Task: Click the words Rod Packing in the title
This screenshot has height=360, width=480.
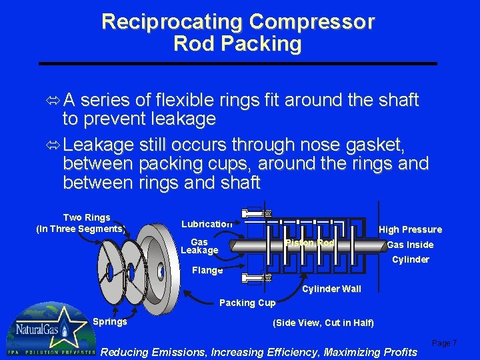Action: coord(237,45)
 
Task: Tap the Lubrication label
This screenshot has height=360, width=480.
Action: coord(207,224)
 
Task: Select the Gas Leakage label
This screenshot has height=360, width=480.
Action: coord(199,246)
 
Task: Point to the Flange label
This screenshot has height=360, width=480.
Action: coord(207,270)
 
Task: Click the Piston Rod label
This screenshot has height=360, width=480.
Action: coord(309,243)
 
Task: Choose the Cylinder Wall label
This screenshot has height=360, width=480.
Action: coord(331,289)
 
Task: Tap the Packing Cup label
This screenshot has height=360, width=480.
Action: coord(247,303)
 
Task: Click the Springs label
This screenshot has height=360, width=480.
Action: coord(109,321)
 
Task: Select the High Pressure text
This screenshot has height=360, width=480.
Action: coord(410,229)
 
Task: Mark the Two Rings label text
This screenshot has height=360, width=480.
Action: coord(87,217)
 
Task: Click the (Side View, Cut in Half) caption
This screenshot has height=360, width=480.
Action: coord(323,323)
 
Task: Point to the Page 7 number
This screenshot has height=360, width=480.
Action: coord(444,343)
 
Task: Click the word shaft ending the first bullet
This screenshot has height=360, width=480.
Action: coord(397,101)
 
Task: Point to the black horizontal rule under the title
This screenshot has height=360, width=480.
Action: coord(237,63)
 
